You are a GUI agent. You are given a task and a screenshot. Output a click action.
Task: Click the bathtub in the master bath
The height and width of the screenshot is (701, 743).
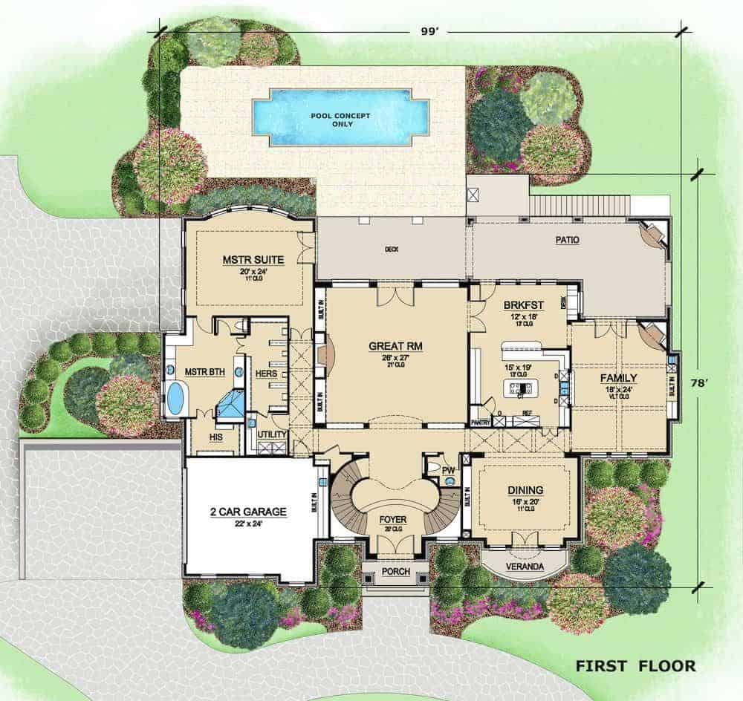[175, 398]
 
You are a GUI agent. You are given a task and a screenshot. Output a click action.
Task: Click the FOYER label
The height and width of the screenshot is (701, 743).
[389, 519]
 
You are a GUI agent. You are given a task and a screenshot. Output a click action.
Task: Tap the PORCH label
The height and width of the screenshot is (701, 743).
[395, 573]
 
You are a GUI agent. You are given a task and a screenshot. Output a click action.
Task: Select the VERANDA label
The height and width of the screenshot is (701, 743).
[525, 567]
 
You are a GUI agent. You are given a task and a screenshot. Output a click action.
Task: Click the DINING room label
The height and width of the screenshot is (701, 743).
[525, 489]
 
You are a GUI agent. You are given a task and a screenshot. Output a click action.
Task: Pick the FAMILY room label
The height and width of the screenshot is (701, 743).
[619, 377]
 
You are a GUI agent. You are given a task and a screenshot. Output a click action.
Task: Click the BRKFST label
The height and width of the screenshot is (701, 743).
[523, 305]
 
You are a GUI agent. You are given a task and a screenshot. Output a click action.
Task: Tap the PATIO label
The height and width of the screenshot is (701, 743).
[566, 240]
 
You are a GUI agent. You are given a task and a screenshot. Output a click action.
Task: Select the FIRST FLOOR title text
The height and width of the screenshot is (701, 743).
[635, 666]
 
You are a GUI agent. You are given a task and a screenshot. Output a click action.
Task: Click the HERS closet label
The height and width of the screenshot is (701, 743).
[265, 374]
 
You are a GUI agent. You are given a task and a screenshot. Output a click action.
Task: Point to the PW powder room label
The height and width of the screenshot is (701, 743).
[447, 470]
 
